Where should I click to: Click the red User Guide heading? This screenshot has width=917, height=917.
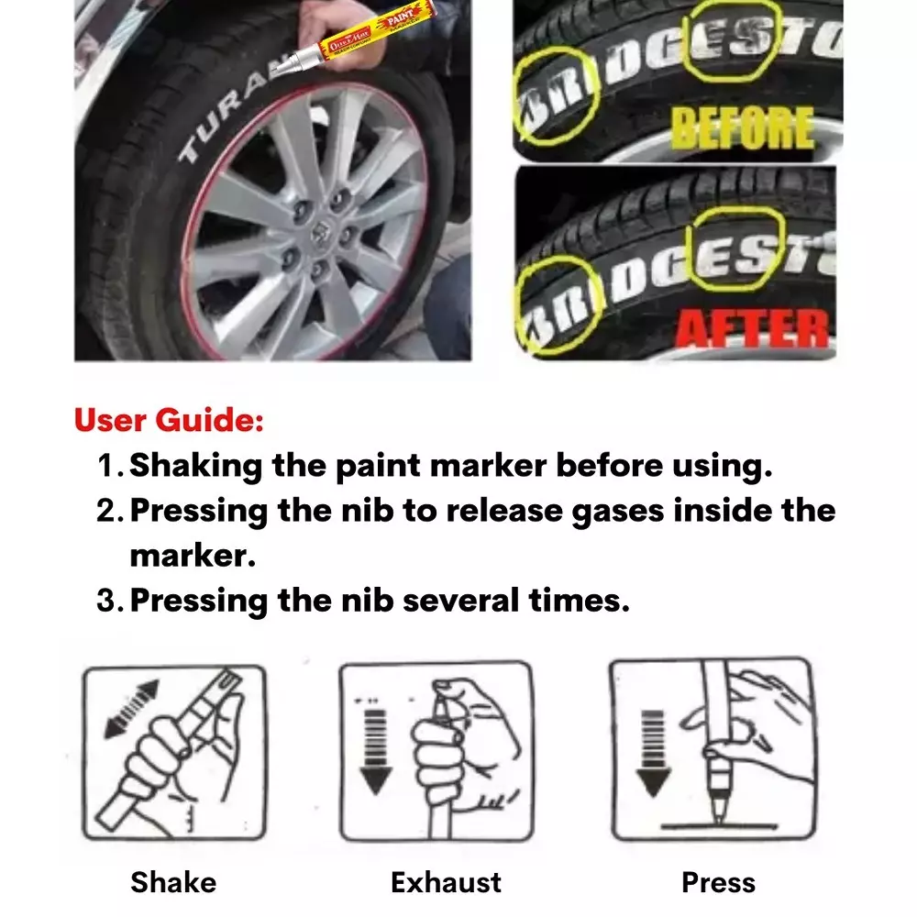click(x=169, y=421)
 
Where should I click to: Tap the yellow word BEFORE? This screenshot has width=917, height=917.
click(x=742, y=128)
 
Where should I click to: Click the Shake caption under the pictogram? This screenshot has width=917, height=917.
click(x=173, y=882)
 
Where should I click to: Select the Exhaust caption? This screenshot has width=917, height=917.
click(x=446, y=882)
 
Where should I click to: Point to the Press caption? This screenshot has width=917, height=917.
click(x=718, y=882)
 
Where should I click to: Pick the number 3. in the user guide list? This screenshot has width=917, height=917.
click(x=110, y=601)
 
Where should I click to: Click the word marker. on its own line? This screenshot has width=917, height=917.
click(x=193, y=556)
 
